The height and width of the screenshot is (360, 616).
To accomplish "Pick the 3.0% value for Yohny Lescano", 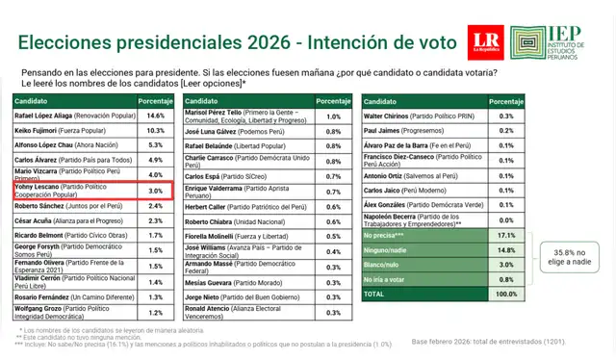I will (156, 191).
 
